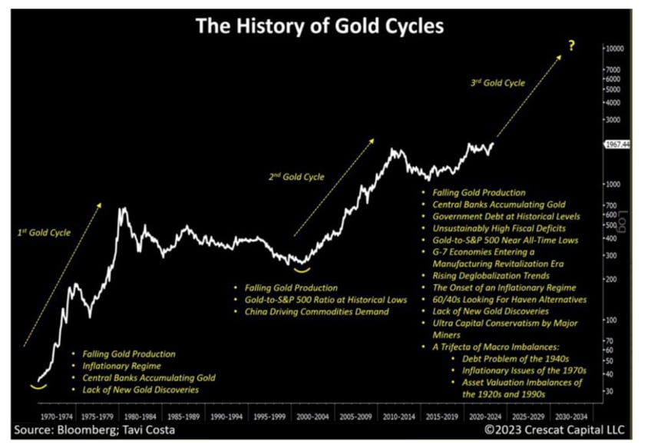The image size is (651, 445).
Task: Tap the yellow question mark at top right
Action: pyautogui.click(x=571, y=46)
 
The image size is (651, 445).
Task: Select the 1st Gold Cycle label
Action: pyautogui.click(x=43, y=230)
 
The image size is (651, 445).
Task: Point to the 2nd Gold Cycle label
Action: pyautogui.click(x=296, y=177)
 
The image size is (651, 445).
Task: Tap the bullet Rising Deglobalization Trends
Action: pyautogui.click(x=491, y=275)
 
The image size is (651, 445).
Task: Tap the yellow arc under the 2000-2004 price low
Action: pyautogui.click(x=303, y=269)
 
